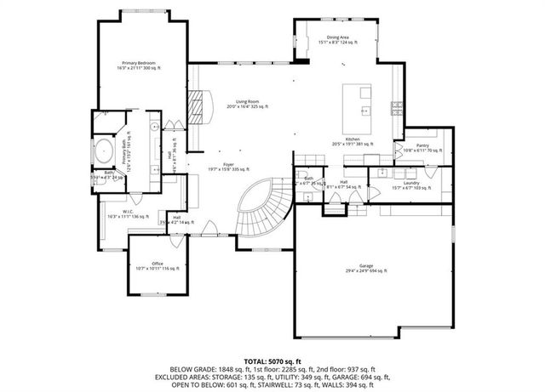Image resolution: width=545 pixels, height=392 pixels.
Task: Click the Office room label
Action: click(158, 265)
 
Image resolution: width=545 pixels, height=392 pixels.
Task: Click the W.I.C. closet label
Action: click(128, 213)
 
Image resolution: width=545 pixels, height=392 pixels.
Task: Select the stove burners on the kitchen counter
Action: click(396, 107)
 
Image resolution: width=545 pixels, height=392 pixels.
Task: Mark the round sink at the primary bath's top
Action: click(155, 126)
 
